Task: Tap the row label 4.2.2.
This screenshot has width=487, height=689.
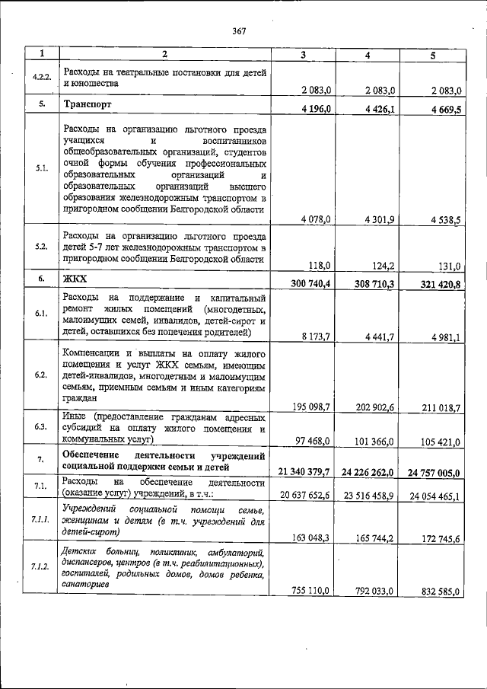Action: coord(42,78)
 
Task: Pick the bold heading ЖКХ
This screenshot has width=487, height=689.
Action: coord(74,279)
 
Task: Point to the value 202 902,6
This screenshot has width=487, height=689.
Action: coord(371,407)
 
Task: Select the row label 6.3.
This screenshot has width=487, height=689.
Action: coord(42,426)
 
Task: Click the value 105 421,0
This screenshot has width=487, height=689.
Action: coord(436,439)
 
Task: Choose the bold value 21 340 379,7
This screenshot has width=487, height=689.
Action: coord(304,472)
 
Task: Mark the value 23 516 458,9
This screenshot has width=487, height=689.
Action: coord(368,494)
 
